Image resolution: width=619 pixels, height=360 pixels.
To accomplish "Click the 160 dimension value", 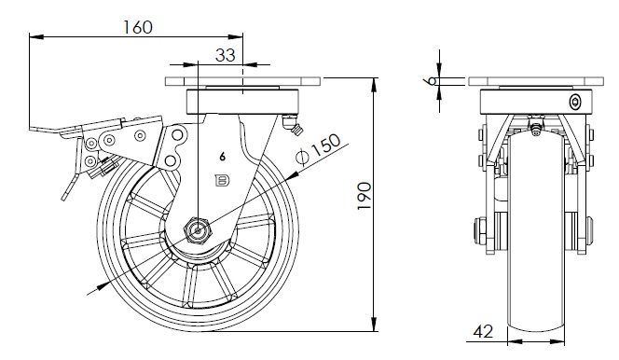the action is (x=138, y=27).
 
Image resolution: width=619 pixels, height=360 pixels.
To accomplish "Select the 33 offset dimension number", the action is (x=226, y=55).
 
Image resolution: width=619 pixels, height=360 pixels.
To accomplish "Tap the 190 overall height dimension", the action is (x=365, y=196).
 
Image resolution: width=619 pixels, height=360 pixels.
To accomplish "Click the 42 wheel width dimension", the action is (x=483, y=332).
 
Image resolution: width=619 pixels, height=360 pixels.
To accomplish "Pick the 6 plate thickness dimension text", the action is (x=432, y=81).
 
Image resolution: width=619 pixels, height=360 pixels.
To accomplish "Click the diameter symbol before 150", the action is (x=302, y=157).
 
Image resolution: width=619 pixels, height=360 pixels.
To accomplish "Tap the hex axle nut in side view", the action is (x=199, y=230).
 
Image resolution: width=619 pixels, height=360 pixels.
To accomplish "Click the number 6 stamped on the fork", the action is (x=222, y=157).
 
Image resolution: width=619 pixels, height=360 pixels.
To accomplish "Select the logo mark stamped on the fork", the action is (x=222, y=181).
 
